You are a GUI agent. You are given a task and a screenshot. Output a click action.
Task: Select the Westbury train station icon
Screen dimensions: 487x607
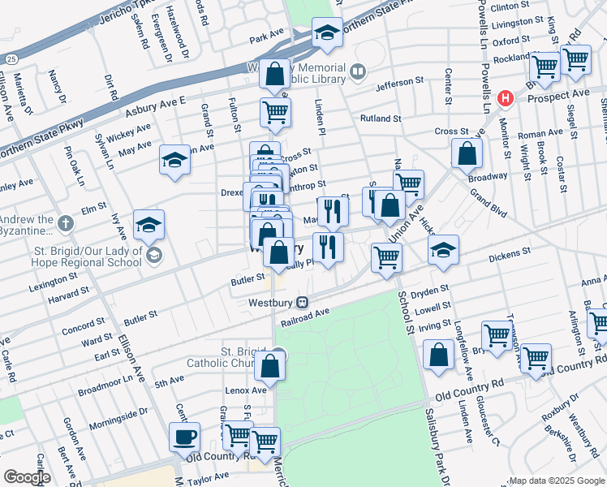(x=302, y=303)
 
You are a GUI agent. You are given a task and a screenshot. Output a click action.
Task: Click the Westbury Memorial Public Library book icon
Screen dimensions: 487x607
(x=357, y=73)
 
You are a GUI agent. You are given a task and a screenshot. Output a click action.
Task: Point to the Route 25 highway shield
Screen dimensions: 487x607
(x=11, y=58)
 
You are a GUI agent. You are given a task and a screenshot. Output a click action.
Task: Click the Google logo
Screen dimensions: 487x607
(x=27, y=477)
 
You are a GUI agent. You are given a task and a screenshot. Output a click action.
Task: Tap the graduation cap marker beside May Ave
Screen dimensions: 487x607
(x=174, y=160)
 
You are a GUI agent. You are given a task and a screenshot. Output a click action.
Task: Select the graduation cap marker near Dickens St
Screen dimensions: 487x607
(x=443, y=250)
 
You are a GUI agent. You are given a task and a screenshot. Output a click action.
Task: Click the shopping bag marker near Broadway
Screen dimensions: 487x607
(x=467, y=152)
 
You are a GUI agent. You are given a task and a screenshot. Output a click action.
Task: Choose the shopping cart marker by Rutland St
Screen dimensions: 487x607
(x=276, y=112)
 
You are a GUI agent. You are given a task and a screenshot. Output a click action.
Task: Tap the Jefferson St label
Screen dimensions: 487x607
(x=399, y=81)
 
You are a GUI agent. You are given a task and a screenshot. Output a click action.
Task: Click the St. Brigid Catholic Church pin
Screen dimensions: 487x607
(x=278, y=353)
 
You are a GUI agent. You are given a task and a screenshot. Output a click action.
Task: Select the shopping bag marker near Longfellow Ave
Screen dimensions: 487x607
(x=438, y=355)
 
